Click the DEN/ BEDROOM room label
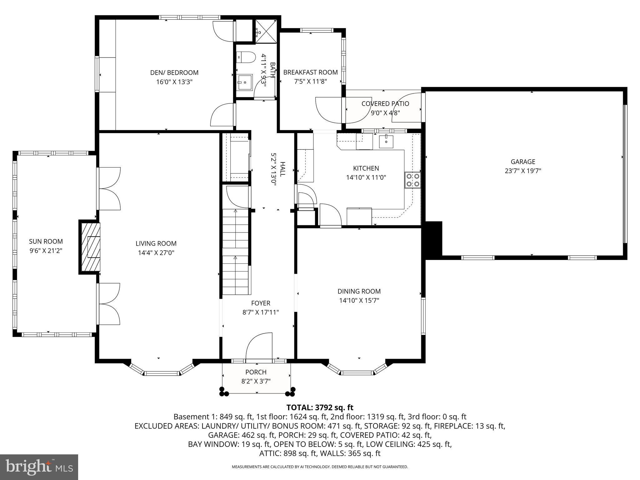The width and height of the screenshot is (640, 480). coord(174,72)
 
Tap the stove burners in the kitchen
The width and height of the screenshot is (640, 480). coord(413,180)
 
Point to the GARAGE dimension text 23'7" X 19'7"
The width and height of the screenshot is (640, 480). coord(523,171)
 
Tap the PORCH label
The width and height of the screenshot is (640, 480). coord(256,372)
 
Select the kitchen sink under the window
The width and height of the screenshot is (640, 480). coord(387,141)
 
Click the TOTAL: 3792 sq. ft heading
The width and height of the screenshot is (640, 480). coord(320,407)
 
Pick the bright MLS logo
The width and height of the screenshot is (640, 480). coord(39,467)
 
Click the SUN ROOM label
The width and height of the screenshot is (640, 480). coord(46,241)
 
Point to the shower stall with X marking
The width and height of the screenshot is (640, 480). coord(266,31)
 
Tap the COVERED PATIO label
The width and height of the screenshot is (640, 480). coord(385,103)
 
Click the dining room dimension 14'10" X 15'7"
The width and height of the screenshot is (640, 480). coord(359,301)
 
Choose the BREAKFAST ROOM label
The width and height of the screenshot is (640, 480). coord(310,72)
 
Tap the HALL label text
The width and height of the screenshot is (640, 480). coord(282,169)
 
